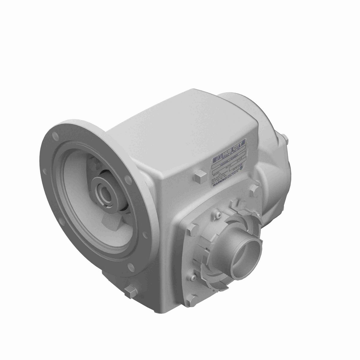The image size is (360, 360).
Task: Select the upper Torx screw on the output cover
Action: pos(218,215)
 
